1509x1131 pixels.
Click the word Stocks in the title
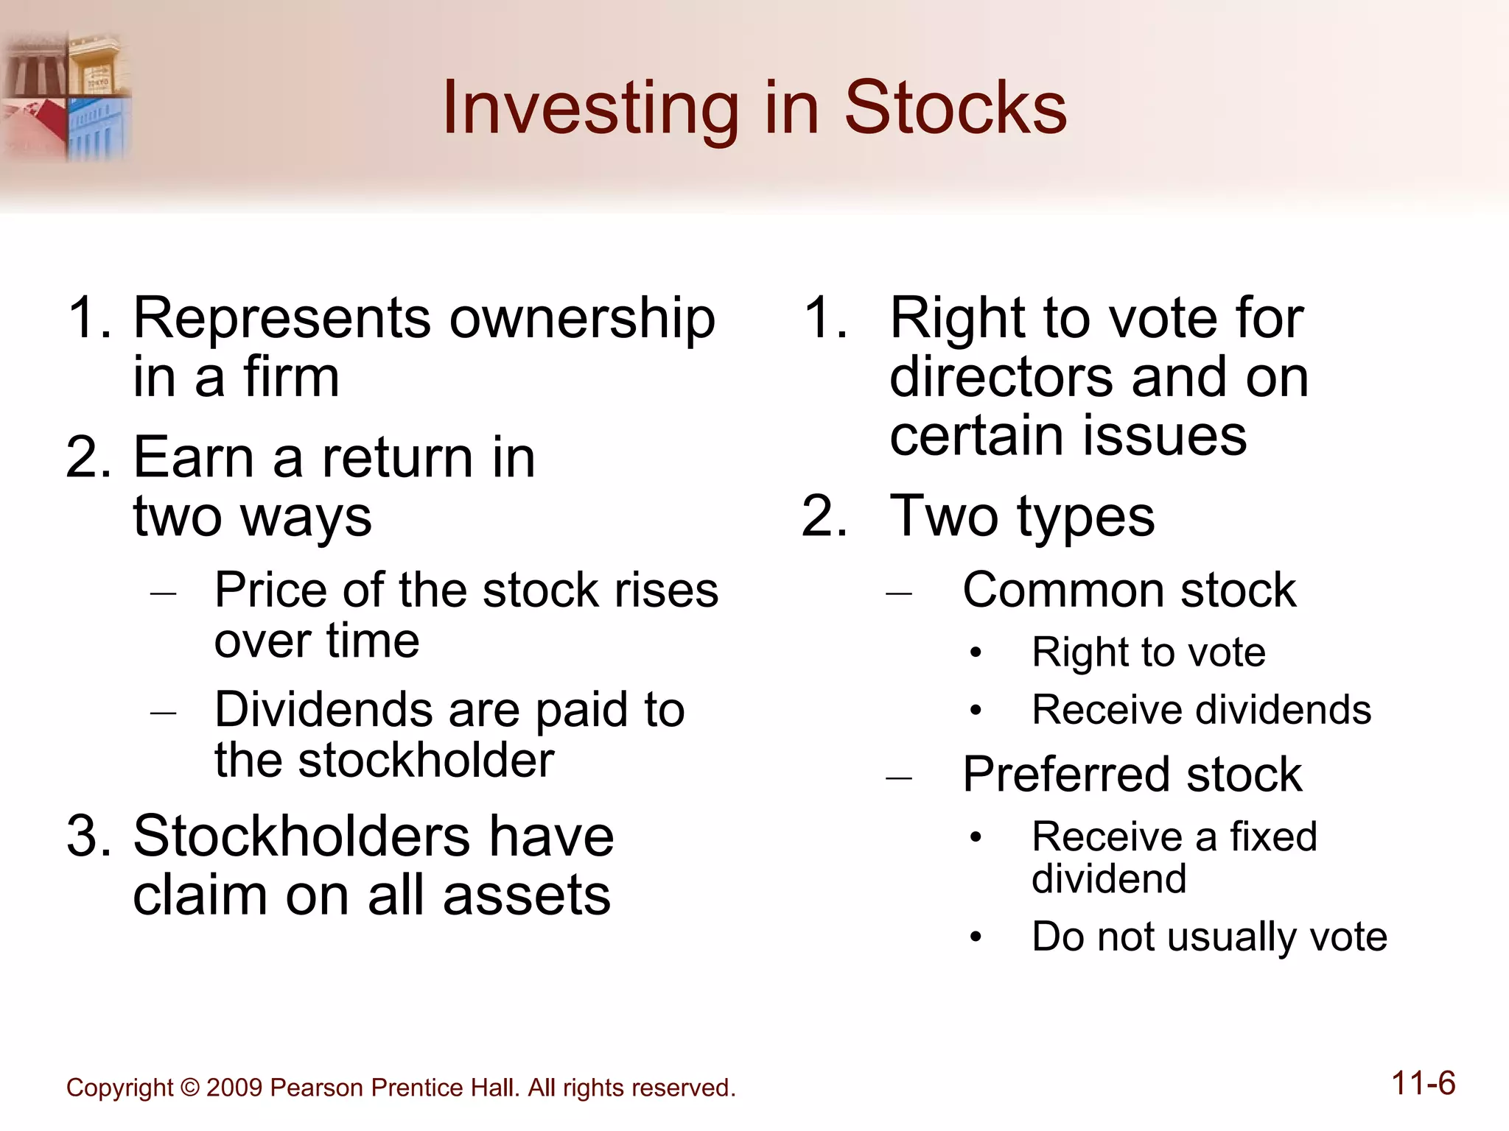click(x=955, y=108)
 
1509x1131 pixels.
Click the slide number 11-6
click(x=1423, y=1084)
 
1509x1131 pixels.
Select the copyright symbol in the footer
click(x=189, y=1088)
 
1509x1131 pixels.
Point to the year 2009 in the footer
click(x=234, y=1088)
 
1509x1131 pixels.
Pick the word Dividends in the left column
click(x=323, y=710)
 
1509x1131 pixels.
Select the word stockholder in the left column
click(x=426, y=761)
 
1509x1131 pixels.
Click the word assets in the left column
click(x=527, y=896)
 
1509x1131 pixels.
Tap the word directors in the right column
click(x=1003, y=377)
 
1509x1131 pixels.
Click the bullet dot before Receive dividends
click(x=976, y=711)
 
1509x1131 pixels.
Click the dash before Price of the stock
click(x=162, y=592)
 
